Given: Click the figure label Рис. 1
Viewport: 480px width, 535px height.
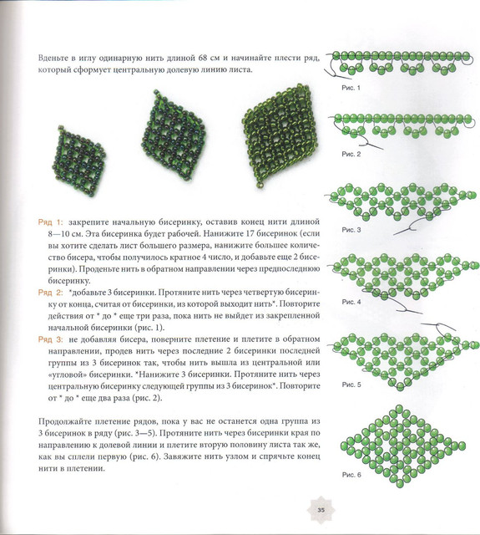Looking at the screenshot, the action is point(351,88).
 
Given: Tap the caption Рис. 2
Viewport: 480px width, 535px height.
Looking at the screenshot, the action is point(351,154).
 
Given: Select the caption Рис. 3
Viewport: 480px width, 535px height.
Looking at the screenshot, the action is point(351,230).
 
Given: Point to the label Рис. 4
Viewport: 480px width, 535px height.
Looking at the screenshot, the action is point(351,302).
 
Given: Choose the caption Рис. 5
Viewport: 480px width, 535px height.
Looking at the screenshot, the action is point(351,385).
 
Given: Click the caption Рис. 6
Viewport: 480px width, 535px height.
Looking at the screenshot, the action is point(351,475).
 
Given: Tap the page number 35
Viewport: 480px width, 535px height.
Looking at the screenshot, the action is point(321,511).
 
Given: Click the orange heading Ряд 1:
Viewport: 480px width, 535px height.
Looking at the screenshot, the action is point(50,222).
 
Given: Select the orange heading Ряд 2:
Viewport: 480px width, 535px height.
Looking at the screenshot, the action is point(50,293).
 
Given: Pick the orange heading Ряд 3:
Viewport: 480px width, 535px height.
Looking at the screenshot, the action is point(50,339).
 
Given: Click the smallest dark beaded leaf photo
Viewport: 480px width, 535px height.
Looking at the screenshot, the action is point(78,160).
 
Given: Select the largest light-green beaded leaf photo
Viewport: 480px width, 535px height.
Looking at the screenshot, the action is point(280,135).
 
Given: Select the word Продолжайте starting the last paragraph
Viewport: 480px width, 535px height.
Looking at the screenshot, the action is point(65,421).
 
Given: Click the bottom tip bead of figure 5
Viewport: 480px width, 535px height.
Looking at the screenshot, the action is point(400,386).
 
